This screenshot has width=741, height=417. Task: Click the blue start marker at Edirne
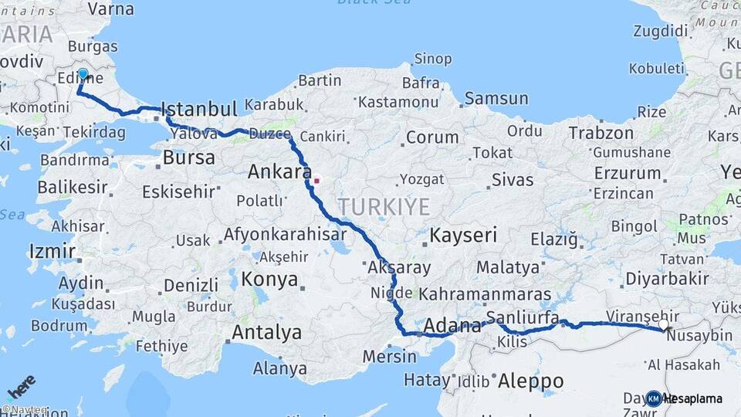pyautogui.click(x=83, y=75)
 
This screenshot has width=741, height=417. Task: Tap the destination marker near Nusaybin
pyautogui.click(x=663, y=326)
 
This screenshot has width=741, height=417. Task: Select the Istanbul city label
pyautogui.click(x=200, y=110)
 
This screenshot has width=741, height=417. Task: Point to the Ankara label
pyautogui.click(x=279, y=171)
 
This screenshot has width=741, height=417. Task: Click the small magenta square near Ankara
pyautogui.click(x=316, y=181)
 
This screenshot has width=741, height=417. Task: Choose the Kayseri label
pyautogui.click(x=463, y=236)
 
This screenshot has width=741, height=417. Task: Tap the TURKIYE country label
pyautogui.click(x=384, y=206)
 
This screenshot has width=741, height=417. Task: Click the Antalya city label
pyautogui.click(x=267, y=333)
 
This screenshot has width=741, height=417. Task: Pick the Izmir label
pyautogui.click(x=52, y=251)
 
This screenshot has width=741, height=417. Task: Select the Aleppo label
pyautogui.click(x=530, y=381)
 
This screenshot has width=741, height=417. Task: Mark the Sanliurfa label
pyautogui.click(x=523, y=317)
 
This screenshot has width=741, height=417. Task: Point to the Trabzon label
pyautogui.click(x=601, y=133)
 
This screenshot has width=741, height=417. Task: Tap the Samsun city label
pyautogui.click(x=496, y=98)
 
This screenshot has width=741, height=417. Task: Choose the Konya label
pyautogui.click(x=269, y=279)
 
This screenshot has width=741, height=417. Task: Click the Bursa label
pyautogui.click(x=188, y=158)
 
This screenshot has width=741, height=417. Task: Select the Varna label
pyautogui.click(x=110, y=9)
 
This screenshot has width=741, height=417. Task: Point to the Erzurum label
pyautogui.click(x=628, y=173)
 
